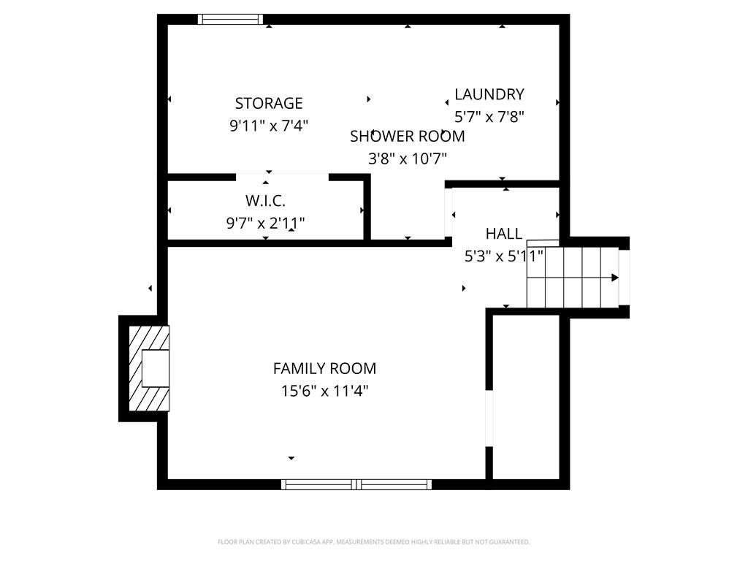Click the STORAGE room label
269,103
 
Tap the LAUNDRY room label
489,94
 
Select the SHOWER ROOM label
408,136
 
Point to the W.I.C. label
265,200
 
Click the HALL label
504,234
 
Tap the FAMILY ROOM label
324,368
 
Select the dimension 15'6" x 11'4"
324,392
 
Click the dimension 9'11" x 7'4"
269,126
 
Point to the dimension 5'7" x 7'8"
489,116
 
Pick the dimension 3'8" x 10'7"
408,159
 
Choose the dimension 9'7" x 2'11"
265,223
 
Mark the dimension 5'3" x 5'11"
504,256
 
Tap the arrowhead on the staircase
615,278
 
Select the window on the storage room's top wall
230,19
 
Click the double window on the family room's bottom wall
356,484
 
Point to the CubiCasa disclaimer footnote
373,542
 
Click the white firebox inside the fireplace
156,368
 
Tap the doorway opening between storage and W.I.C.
283,178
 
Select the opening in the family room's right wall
489,419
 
